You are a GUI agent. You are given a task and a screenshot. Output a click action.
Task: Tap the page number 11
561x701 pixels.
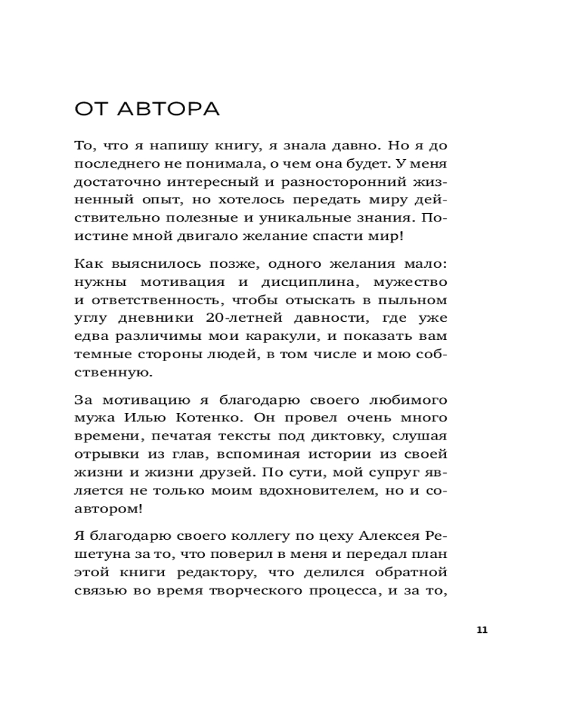coord(481,629)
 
